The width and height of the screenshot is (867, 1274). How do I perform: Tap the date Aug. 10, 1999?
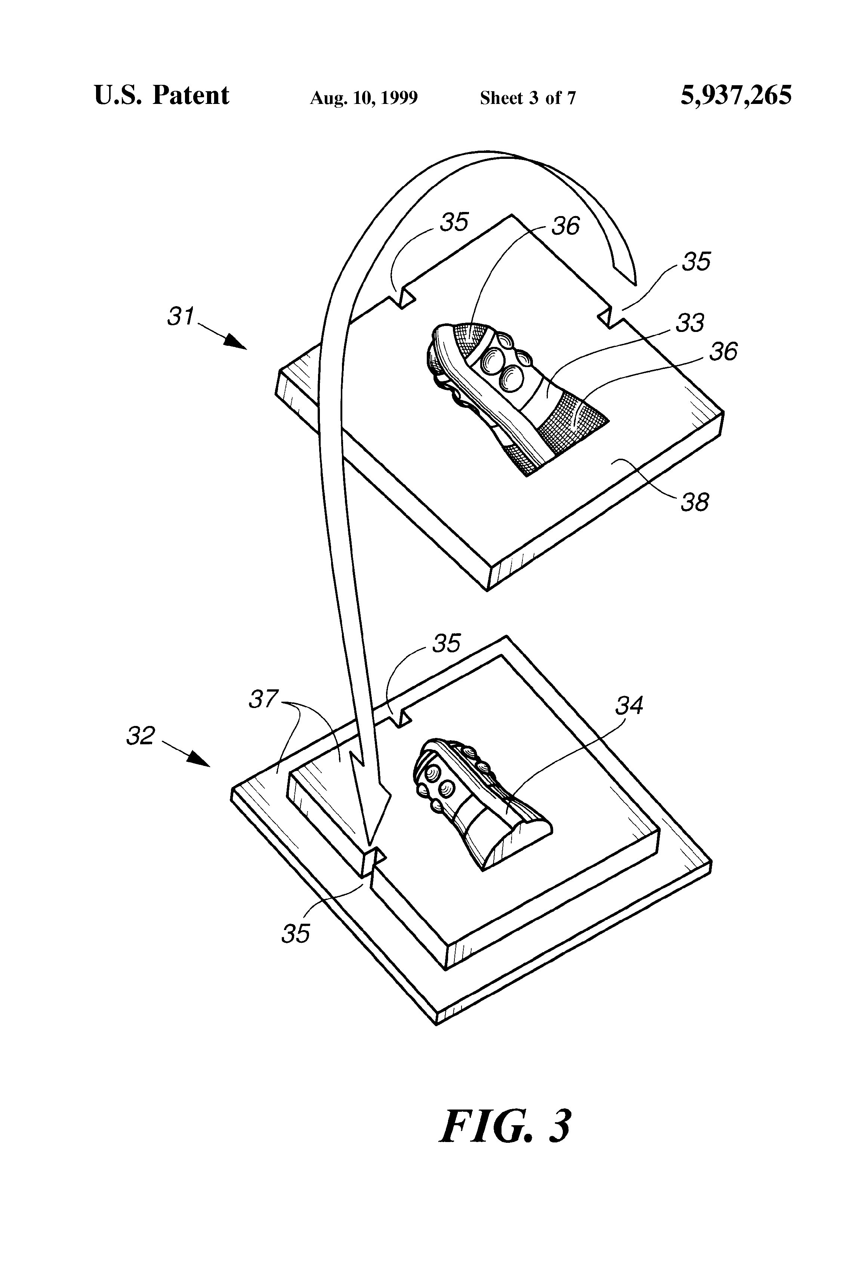pyautogui.click(x=364, y=98)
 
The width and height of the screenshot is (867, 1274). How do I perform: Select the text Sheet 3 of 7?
pyautogui.click(x=528, y=98)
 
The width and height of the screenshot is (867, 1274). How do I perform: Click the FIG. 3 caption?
pyautogui.click(x=505, y=1126)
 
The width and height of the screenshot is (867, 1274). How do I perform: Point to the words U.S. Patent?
pyautogui.click(x=162, y=95)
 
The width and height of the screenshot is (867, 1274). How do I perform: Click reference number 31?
pyautogui.click(x=181, y=317)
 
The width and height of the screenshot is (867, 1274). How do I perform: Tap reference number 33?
pyautogui.click(x=689, y=323)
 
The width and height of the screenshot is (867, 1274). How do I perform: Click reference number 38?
pyautogui.click(x=694, y=502)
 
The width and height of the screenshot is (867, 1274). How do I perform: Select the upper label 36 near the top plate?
pyautogui.click(x=565, y=226)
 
